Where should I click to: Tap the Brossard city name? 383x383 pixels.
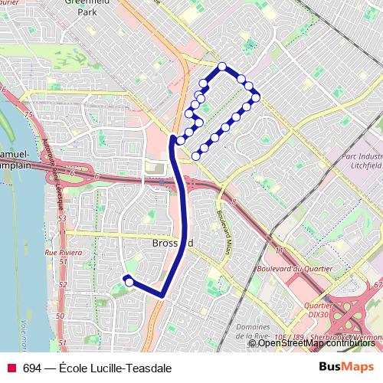(168, 243)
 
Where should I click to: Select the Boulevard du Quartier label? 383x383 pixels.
(295, 268)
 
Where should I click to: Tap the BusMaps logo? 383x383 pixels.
(345, 367)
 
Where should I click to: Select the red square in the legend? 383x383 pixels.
(11, 368)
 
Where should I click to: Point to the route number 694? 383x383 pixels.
(32, 368)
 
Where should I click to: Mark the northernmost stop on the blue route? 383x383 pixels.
(222, 66)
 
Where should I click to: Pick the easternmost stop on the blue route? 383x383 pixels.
(256, 96)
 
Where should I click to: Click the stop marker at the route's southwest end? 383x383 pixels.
(129, 282)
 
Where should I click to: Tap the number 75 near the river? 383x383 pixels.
(29, 114)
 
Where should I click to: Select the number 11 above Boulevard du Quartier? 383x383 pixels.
(280, 251)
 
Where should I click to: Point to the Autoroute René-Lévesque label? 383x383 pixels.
(53, 176)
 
